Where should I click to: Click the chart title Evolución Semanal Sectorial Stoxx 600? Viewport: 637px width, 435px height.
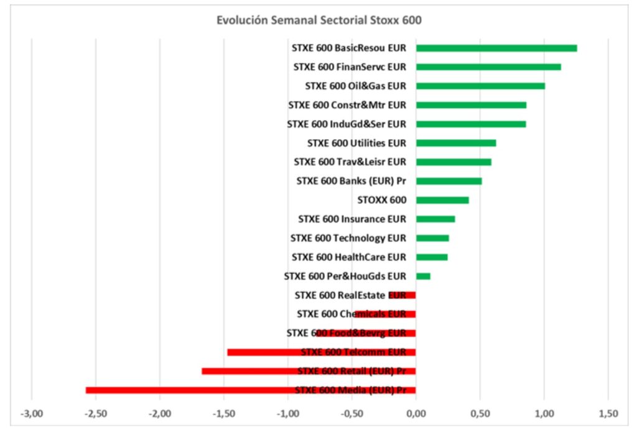(318, 20)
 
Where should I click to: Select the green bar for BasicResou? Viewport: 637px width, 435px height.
(496, 48)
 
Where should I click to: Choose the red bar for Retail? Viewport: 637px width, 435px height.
(309, 371)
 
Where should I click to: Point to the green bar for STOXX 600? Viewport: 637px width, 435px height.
(442, 200)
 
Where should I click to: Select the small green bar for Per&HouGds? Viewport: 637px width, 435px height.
(423, 276)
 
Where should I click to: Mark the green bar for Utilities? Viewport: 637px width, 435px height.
(456, 143)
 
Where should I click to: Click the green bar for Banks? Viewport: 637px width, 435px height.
(449, 181)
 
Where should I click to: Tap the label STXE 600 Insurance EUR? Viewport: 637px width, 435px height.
(351, 219)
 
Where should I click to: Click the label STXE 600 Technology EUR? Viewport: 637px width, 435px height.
(348, 238)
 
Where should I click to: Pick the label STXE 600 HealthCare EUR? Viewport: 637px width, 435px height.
(348, 257)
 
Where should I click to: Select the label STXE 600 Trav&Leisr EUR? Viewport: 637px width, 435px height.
(350, 162)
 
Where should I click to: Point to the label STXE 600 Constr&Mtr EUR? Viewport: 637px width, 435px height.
(347, 105)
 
